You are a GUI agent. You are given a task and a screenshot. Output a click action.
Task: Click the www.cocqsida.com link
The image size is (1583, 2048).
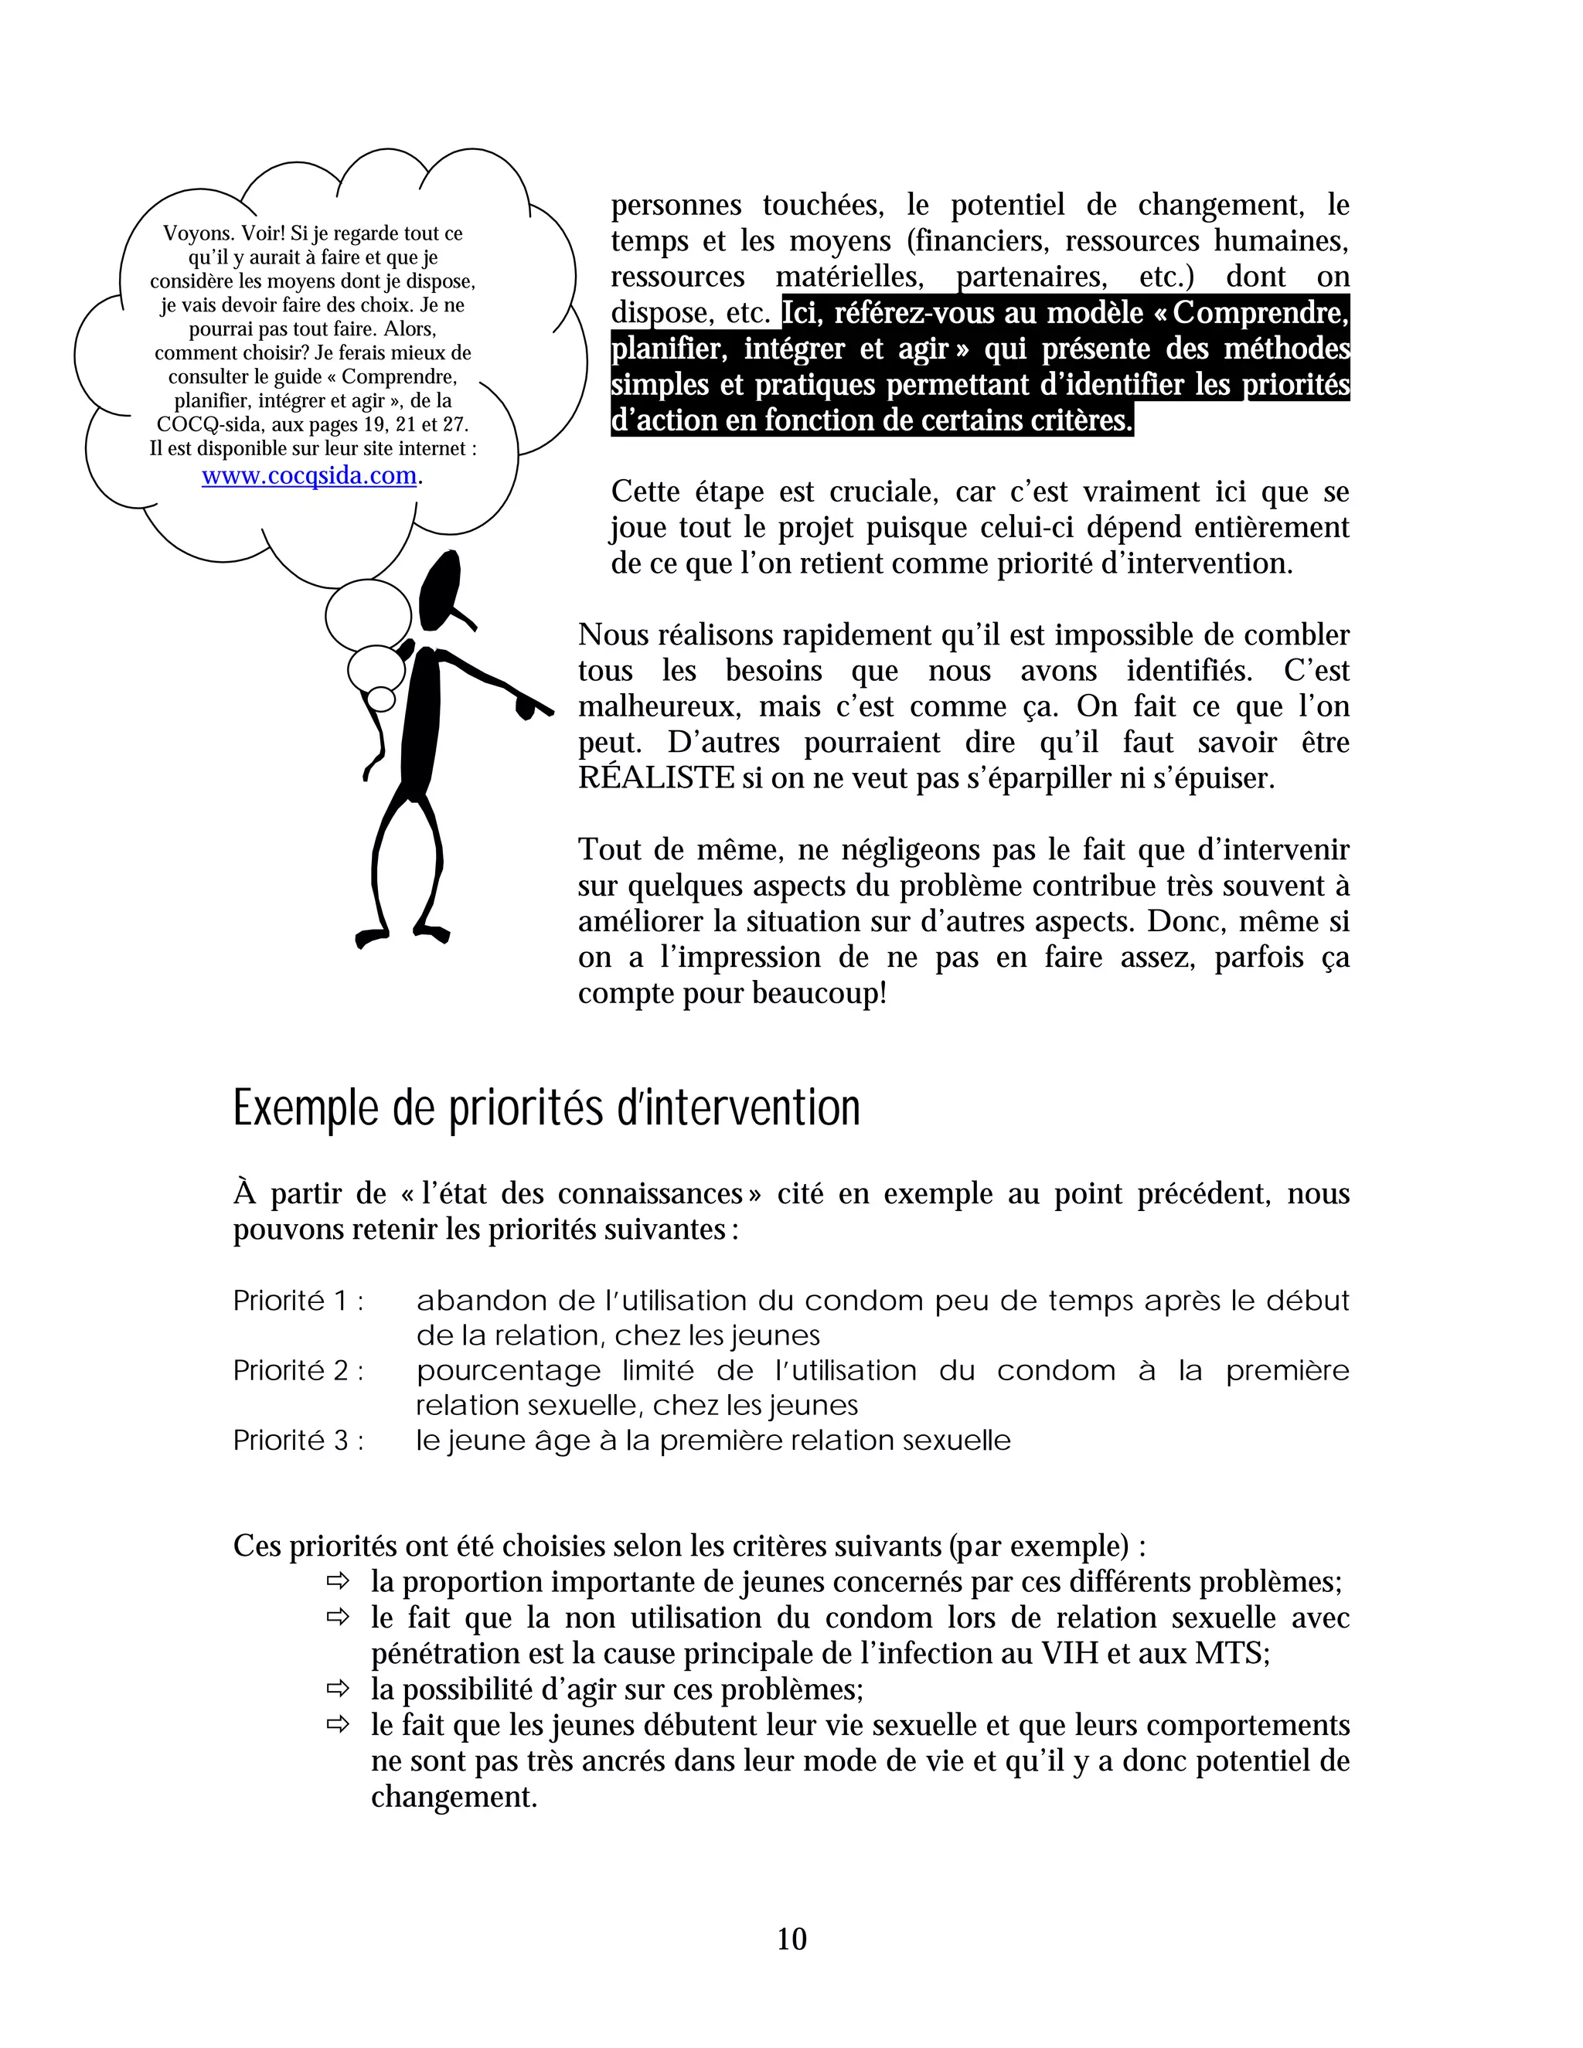click(309, 475)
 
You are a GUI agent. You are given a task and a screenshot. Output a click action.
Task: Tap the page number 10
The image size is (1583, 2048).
click(791, 1938)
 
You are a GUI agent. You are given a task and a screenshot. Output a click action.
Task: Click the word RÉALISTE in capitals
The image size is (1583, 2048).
click(656, 778)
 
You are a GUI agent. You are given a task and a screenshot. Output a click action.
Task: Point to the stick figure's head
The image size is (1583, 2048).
click(440, 590)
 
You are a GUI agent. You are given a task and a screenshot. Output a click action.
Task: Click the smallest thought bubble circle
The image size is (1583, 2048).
click(382, 699)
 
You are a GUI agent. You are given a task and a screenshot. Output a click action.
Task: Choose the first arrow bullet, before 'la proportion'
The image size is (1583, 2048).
click(337, 1581)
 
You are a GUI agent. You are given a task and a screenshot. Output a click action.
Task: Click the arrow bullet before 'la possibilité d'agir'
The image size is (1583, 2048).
click(337, 1689)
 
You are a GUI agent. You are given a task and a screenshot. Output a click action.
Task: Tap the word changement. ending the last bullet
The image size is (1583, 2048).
click(454, 1796)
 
